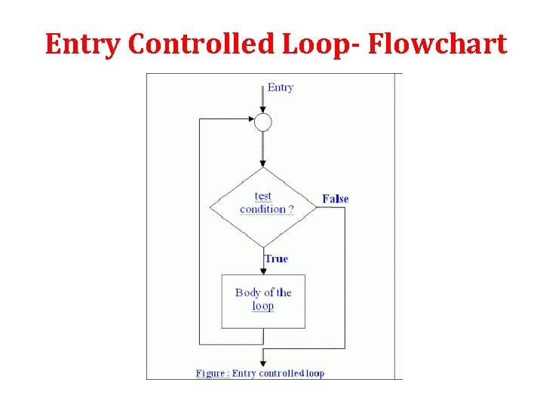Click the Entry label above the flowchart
281,87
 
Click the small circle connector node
262,122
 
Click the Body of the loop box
262,301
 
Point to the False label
335,199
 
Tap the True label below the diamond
276,259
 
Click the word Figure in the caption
210,373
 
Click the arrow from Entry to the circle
262,98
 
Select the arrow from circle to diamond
262,148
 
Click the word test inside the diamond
262,196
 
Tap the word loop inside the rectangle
263,306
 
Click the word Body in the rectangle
247,292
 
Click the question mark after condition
291,209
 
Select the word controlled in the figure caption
281,373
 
